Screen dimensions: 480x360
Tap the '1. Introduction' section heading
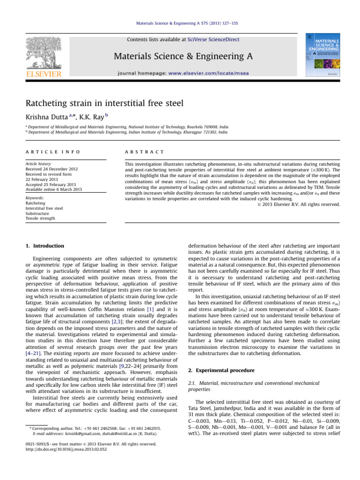tap(45, 246)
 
